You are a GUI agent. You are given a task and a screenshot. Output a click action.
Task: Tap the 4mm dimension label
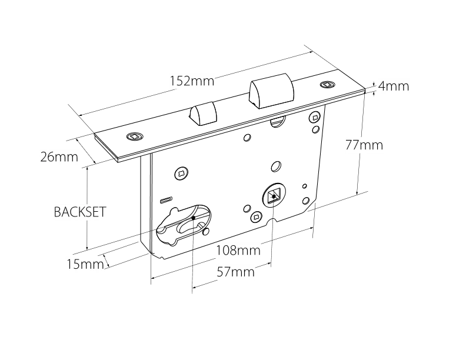point(393,86)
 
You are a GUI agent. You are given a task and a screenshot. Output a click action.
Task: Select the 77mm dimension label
point(364,145)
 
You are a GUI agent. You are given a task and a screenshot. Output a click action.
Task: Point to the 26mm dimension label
point(59,157)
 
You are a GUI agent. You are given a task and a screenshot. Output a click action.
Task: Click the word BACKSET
point(80,212)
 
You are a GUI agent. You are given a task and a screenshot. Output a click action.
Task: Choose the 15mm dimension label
point(85,265)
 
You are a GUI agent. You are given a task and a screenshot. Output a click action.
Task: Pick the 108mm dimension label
point(238,251)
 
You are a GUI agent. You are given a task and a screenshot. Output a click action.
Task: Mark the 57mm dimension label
point(235,272)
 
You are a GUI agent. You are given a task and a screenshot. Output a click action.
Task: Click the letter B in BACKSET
point(57,212)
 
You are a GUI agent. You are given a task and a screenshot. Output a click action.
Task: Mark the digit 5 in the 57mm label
point(220,272)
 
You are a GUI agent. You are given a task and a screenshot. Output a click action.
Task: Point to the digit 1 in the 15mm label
point(69,265)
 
